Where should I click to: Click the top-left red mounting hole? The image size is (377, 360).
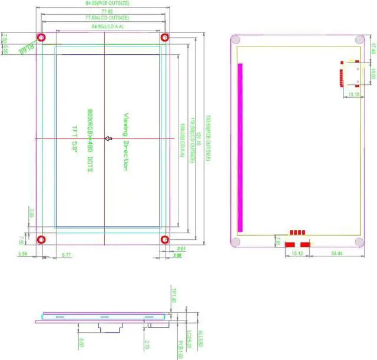point(42,38)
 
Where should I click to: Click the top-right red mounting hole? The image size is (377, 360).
point(164,38)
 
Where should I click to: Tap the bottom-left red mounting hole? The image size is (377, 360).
point(42,240)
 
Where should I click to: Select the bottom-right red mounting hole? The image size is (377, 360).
point(164,240)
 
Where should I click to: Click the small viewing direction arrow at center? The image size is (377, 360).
point(108,139)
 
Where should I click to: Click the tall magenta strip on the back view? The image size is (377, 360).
point(240,147)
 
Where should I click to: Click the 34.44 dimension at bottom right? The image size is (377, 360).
point(337,253)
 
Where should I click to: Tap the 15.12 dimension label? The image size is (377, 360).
point(297,253)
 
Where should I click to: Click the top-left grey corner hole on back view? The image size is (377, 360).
point(236,40)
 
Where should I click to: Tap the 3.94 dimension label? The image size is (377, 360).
point(23,254)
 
